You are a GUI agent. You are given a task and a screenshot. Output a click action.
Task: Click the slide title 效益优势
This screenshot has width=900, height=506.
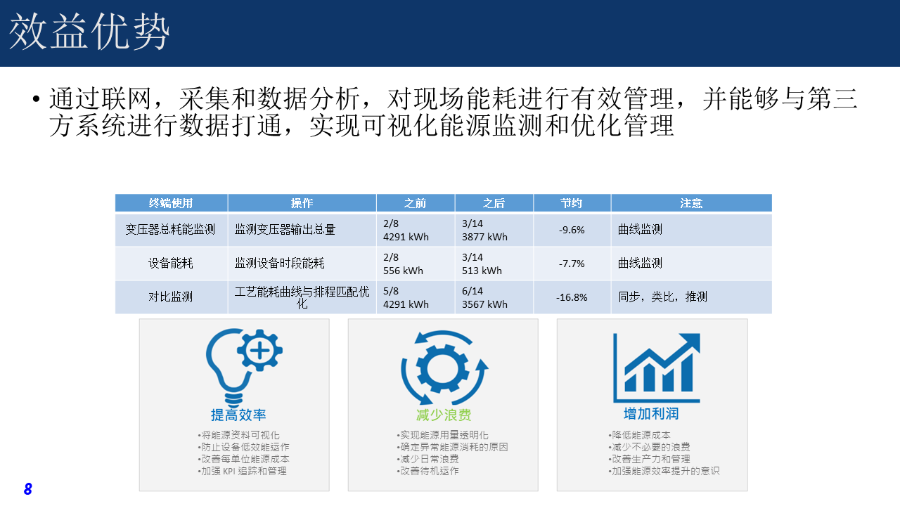[x=89, y=32]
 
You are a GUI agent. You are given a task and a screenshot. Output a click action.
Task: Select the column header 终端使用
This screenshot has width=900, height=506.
[x=171, y=203]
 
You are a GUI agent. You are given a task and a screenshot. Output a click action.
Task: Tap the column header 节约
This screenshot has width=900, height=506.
[x=572, y=203]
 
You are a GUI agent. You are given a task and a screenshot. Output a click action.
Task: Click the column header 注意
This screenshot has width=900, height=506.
[x=691, y=203]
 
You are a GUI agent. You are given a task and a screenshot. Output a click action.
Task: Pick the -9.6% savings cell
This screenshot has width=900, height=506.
[x=572, y=230]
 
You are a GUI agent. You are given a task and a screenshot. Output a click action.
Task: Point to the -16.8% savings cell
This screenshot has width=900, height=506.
[x=572, y=297]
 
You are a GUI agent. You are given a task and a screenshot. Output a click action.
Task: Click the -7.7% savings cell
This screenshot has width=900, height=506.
[x=572, y=264]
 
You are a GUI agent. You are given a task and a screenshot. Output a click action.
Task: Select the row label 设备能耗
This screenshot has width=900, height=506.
[x=171, y=264]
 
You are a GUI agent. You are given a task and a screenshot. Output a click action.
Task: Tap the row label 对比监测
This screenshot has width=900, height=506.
[x=171, y=297]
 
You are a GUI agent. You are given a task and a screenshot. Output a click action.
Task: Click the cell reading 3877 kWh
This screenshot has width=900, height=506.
[x=484, y=237]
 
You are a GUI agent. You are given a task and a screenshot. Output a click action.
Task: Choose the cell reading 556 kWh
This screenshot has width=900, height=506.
[x=403, y=271]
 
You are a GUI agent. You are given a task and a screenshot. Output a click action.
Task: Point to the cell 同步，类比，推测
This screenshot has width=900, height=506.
[x=662, y=297]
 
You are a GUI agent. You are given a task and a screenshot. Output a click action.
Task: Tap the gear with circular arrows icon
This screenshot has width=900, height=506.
[x=444, y=367]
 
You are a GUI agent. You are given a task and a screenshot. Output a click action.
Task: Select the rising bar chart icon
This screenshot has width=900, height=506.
[x=657, y=368]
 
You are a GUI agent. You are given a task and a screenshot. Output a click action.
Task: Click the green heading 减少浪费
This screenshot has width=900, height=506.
[x=444, y=415]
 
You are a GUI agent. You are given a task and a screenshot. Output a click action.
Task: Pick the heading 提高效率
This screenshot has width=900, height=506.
[x=238, y=415]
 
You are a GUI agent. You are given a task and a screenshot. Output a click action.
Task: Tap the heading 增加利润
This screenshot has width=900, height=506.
[x=651, y=414]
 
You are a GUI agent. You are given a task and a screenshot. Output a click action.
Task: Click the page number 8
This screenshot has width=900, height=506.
[x=27, y=488]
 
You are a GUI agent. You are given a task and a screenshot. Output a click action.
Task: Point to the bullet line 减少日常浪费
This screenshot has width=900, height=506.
[x=428, y=459]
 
